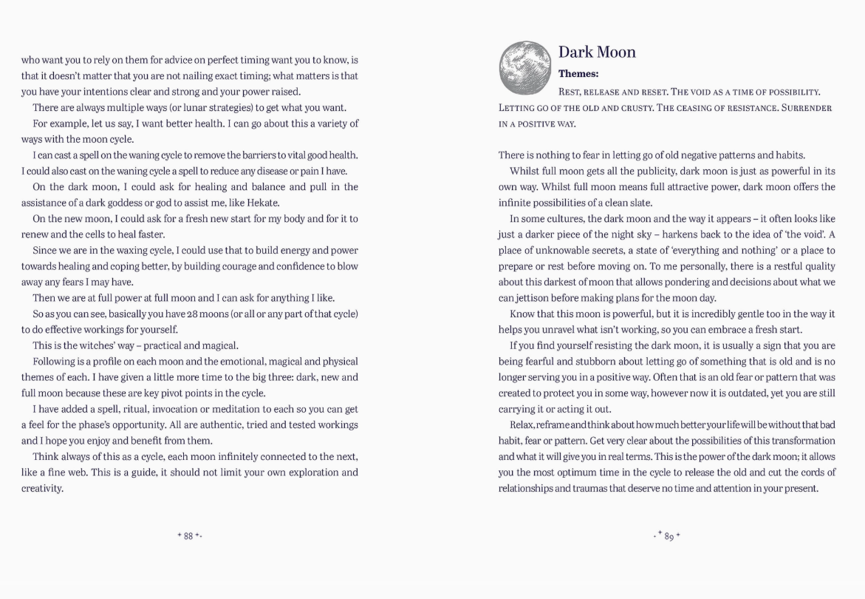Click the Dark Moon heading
tap(597, 52)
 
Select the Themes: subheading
tap(578, 74)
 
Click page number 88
tap(188, 535)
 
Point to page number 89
tap(669, 536)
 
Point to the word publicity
tap(647, 171)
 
